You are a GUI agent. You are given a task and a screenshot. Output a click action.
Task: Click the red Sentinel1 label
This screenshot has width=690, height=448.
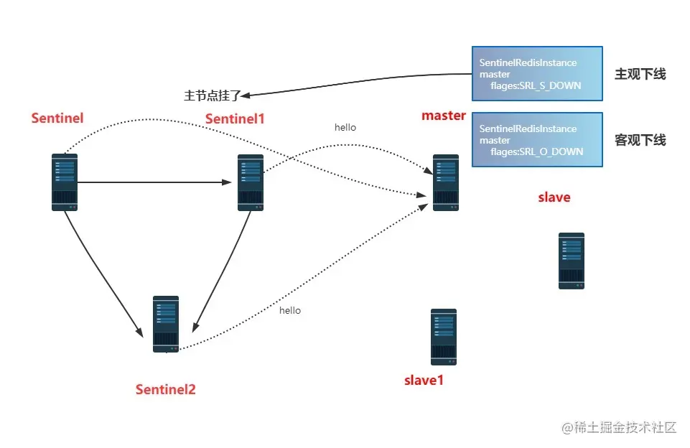click(235, 118)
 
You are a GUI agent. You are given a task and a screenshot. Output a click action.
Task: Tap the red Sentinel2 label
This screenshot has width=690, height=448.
click(165, 390)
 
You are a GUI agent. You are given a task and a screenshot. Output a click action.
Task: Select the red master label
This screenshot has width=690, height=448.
click(443, 116)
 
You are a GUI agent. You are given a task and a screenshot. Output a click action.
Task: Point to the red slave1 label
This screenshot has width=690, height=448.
click(424, 381)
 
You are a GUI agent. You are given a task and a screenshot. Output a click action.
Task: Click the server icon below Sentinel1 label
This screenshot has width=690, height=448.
click(250, 182)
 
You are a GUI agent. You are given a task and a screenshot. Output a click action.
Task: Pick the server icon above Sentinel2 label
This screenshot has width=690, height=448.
click(166, 324)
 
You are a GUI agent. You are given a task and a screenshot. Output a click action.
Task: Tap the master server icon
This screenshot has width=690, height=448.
click(445, 182)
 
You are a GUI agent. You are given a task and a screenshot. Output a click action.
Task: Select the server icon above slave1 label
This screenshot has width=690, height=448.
click(443, 337)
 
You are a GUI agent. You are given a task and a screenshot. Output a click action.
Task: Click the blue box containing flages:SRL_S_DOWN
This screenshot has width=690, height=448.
click(536, 74)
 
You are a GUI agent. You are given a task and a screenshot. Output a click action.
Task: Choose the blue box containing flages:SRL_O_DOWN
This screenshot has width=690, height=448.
click(536, 140)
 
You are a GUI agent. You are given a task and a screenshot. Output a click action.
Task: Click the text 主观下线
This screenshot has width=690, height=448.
click(640, 74)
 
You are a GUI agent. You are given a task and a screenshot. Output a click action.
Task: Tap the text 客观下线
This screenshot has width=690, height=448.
click(640, 140)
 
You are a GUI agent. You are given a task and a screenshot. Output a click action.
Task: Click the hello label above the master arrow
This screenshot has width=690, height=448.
click(345, 128)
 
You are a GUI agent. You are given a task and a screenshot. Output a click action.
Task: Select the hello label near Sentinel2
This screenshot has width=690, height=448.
click(290, 311)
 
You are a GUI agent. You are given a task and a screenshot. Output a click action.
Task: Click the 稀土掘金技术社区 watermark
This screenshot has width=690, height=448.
click(620, 428)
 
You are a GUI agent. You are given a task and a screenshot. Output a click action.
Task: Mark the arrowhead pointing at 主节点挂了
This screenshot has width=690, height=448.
click(246, 94)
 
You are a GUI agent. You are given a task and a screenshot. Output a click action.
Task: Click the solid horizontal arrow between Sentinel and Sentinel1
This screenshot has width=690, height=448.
click(158, 182)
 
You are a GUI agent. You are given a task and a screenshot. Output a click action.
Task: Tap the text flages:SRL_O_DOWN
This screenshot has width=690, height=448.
click(536, 152)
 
